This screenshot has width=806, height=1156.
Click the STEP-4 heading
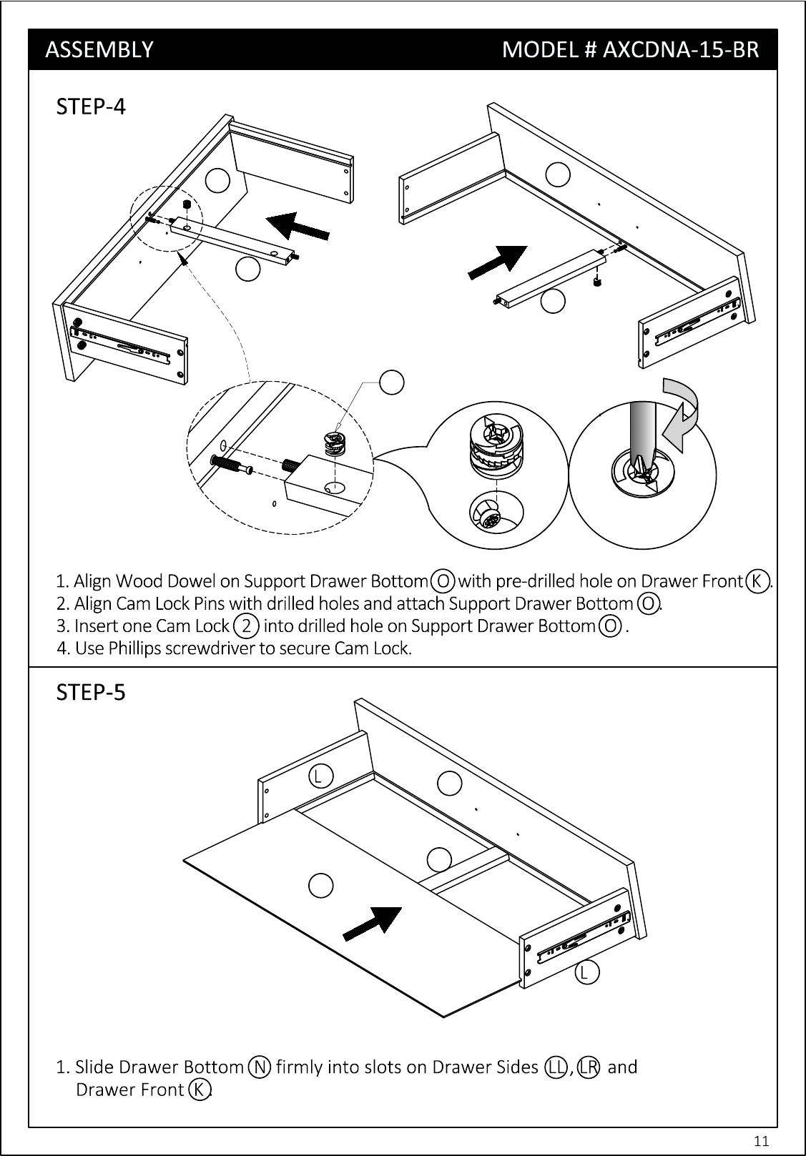pyautogui.click(x=91, y=107)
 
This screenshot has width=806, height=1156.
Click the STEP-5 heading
pyautogui.click(x=91, y=693)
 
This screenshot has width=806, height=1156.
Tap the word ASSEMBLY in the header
pyautogui.click(x=99, y=49)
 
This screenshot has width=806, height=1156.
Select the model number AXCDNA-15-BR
pyautogui.click(x=681, y=49)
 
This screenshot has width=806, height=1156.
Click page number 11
pyautogui.click(x=761, y=1140)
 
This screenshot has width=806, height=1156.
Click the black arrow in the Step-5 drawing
pyautogui.click(x=373, y=924)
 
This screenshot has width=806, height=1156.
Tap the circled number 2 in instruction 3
pyautogui.click(x=246, y=626)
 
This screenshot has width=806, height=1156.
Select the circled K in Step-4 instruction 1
pyautogui.click(x=757, y=581)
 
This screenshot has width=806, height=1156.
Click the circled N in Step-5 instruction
pyautogui.click(x=260, y=1067)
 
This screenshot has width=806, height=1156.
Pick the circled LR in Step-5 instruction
pyautogui.click(x=588, y=1067)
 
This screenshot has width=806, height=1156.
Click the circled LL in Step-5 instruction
pyautogui.click(x=556, y=1067)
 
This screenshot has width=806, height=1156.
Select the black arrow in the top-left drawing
pyautogui.click(x=298, y=227)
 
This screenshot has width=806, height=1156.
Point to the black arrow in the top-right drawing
pyautogui.click(x=498, y=262)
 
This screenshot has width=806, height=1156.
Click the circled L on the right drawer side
pyautogui.click(x=587, y=972)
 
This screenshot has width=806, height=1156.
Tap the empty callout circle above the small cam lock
pyautogui.click(x=391, y=382)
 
